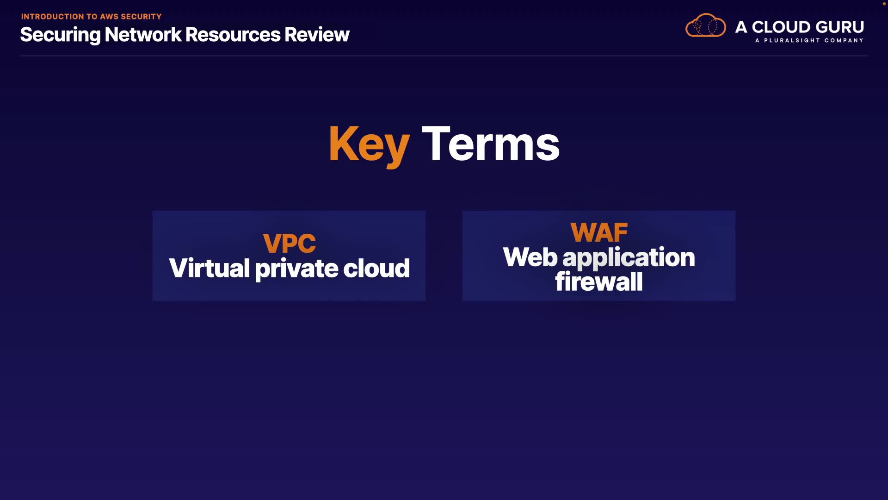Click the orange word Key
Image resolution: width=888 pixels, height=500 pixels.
[369, 144]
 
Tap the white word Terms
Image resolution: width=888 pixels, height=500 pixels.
[491, 144]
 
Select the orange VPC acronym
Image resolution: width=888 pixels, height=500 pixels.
[290, 244]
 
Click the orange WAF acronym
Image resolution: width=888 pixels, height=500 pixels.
[599, 232]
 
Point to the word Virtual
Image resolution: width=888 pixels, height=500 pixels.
[210, 268]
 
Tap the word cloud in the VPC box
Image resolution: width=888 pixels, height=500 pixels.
[376, 268]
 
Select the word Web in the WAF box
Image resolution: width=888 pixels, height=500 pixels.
[530, 257]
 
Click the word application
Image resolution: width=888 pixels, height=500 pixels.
[629, 258]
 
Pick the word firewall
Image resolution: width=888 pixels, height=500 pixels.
[599, 281]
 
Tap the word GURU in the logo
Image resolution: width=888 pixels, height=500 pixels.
[840, 27]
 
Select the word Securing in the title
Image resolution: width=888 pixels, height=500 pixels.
[60, 35]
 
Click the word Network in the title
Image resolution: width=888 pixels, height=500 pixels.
[143, 35]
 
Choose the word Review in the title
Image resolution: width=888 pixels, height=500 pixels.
[317, 35]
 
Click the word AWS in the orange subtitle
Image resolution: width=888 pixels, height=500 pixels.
[109, 17]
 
